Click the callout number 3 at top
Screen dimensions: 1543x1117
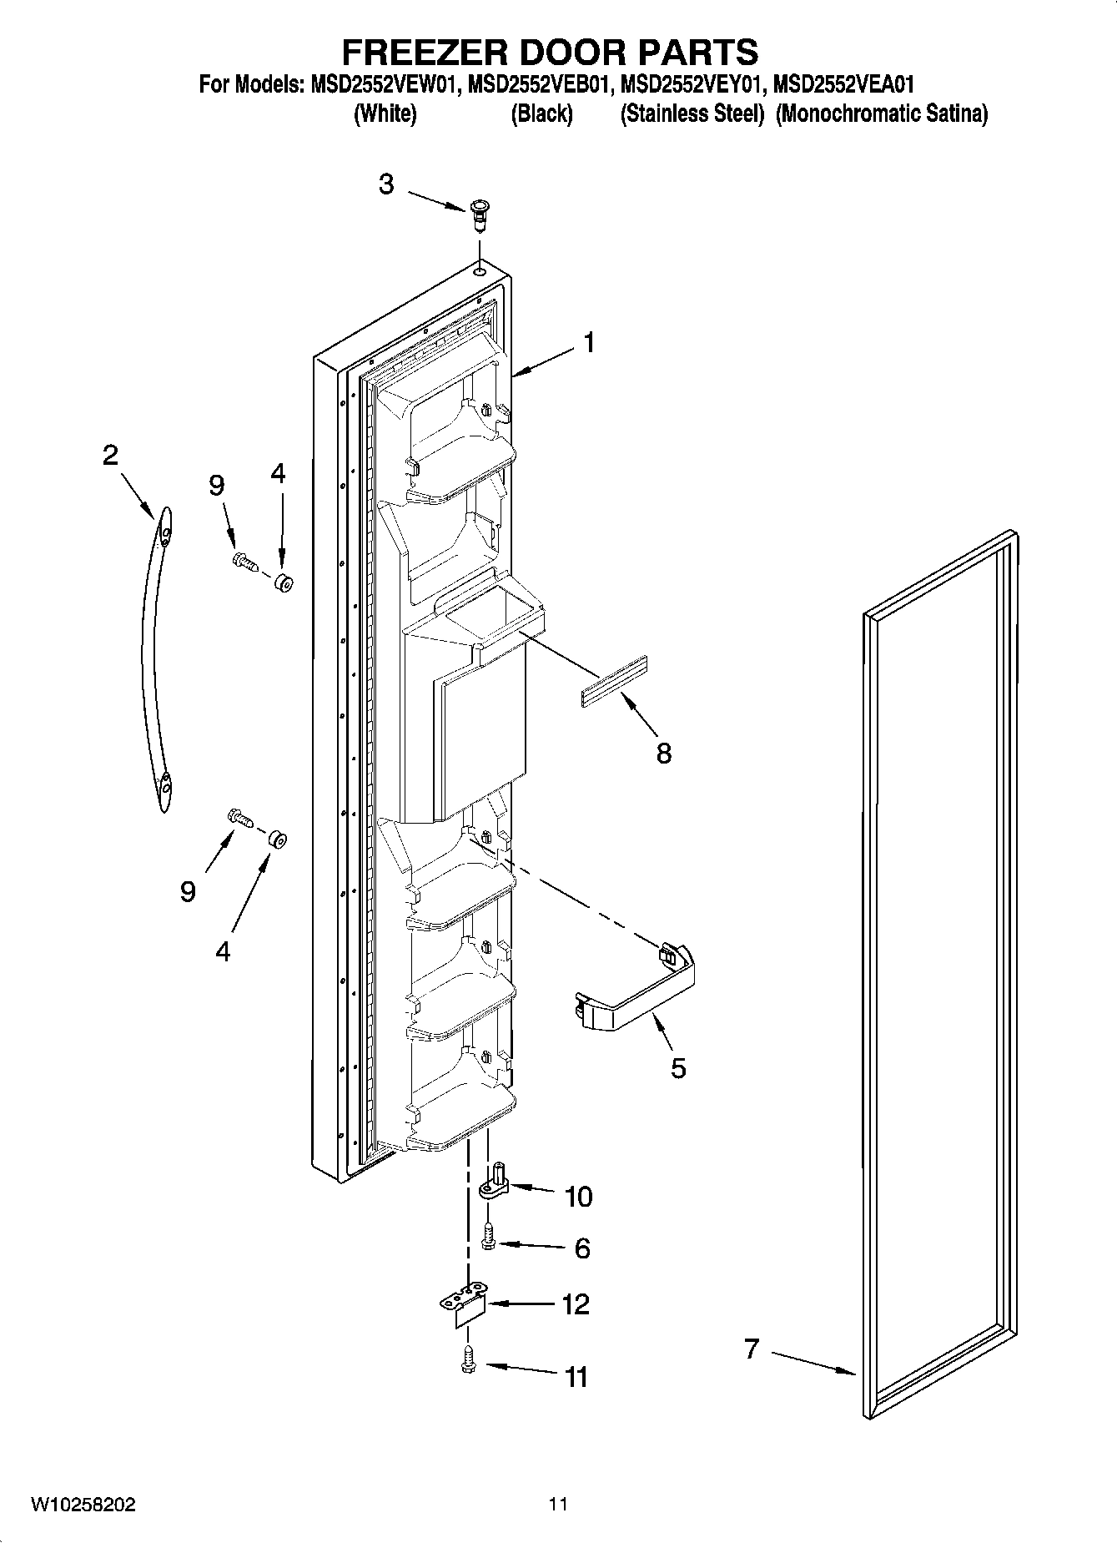tap(385, 184)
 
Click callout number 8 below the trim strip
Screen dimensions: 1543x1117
tap(663, 754)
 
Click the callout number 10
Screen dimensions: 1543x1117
tap(578, 1196)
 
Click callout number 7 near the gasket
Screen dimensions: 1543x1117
tap(752, 1348)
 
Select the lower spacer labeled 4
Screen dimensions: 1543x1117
tap(277, 839)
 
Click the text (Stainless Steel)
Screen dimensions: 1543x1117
tap(692, 114)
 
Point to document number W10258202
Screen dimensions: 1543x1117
tap(83, 1505)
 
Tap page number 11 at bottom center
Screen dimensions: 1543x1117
tap(558, 1505)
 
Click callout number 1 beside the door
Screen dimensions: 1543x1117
tap(589, 343)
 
